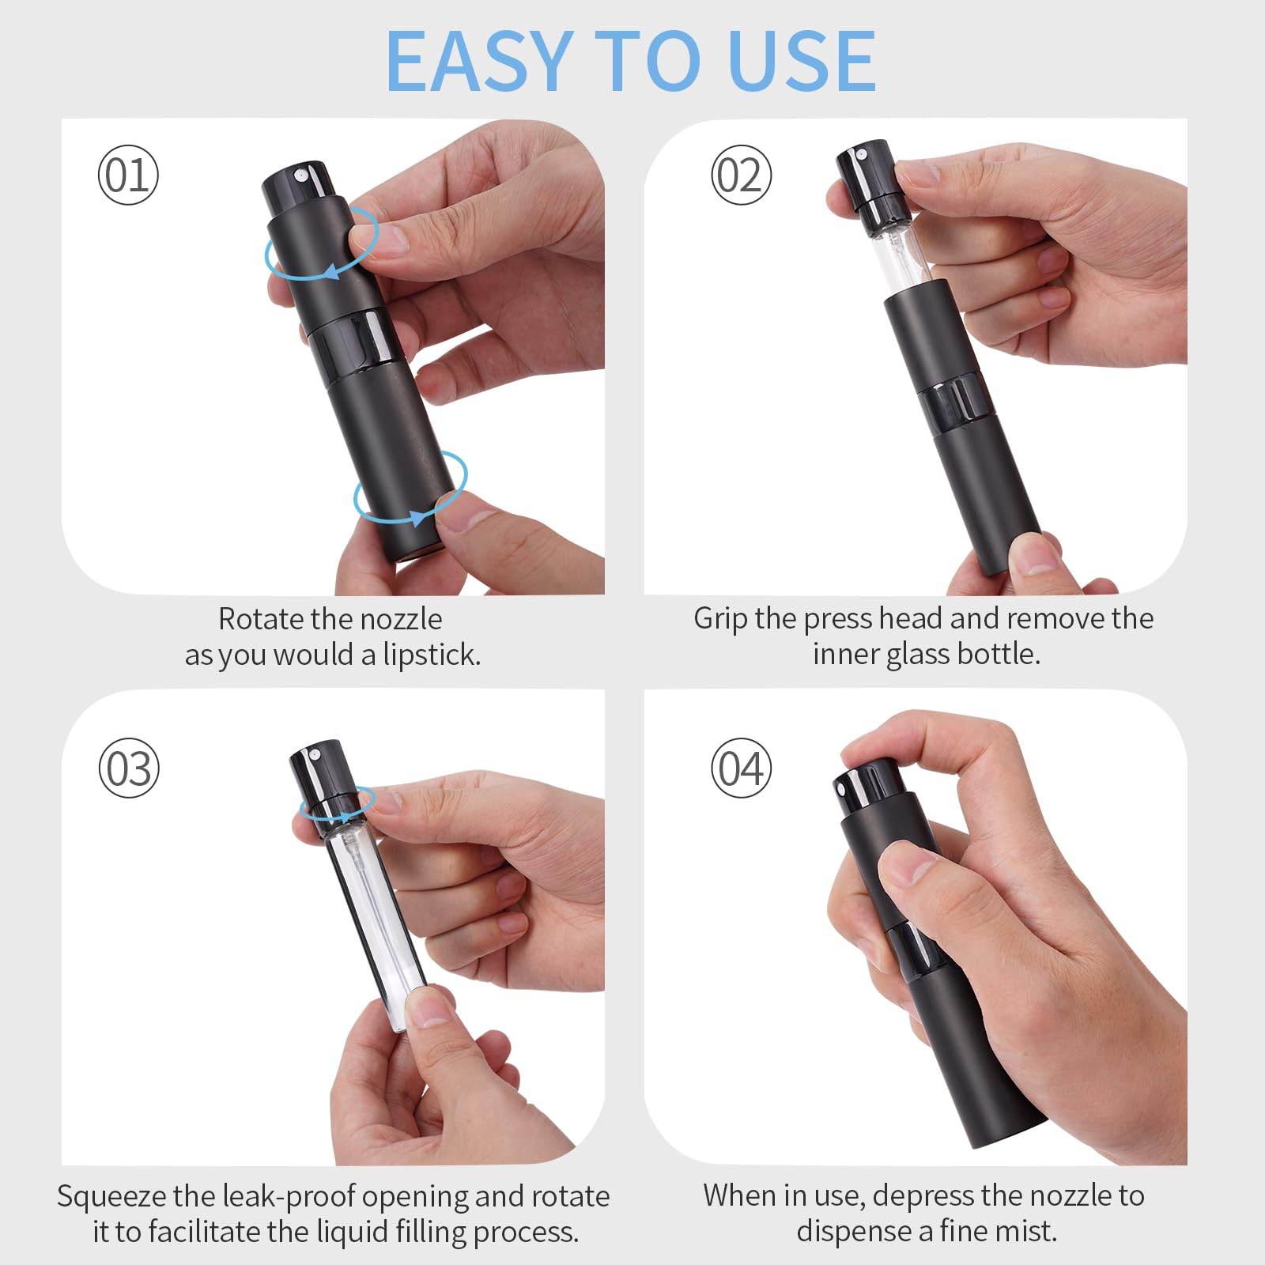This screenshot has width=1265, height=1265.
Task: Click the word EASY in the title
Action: [x=479, y=61]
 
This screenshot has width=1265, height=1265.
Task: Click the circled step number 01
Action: [x=128, y=175]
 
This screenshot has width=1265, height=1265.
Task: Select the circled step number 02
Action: [x=741, y=175]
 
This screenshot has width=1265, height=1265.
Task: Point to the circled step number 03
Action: [x=129, y=768]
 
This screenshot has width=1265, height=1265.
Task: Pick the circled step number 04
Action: [x=741, y=768]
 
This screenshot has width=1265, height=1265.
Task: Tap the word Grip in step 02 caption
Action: [x=720, y=619]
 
